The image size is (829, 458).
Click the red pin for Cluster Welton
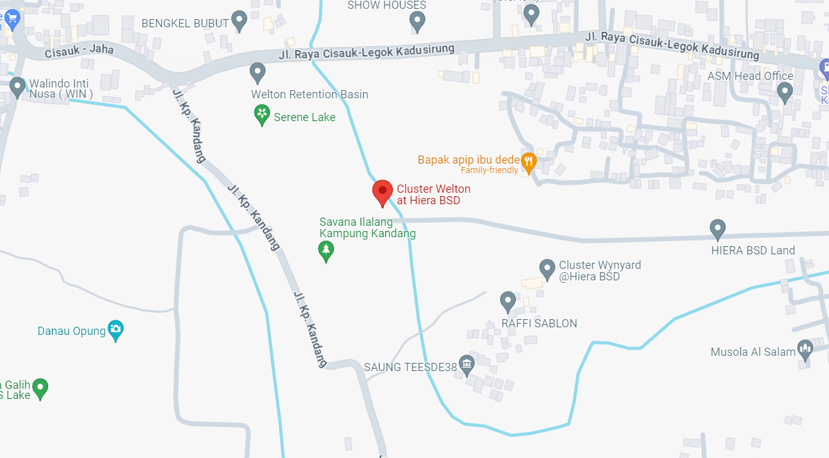click(382, 192)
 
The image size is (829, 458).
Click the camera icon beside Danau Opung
click(115, 329)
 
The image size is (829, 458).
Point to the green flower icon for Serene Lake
click(262, 115)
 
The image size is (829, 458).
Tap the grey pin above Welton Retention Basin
click(257, 72)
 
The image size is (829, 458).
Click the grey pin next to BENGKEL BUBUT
click(239, 20)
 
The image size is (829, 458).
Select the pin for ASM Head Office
click(785, 93)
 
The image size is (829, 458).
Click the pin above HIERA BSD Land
click(717, 228)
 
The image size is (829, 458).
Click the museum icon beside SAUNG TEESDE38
click(467, 365)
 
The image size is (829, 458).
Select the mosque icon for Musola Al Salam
click(805, 350)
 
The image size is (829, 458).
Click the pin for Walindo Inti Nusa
click(17, 86)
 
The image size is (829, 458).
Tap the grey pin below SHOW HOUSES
click(417, 22)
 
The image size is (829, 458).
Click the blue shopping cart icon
click(11, 18)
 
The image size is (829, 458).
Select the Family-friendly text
click(489, 171)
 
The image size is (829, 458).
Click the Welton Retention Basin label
click(309, 95)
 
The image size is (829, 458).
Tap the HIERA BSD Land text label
click(752, 251)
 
